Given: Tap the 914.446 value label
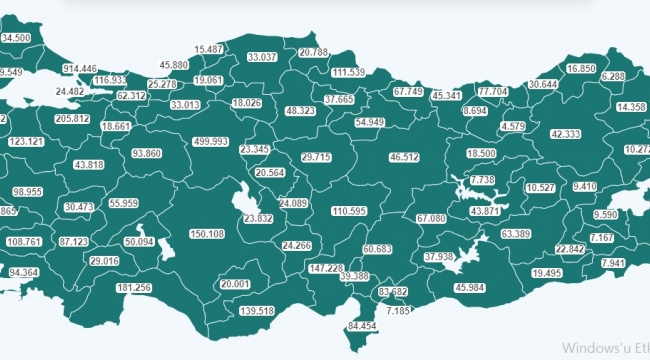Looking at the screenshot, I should pyautogui.click(x=80, y=68).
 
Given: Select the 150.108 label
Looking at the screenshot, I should pyautogui.click(x=207, y=233).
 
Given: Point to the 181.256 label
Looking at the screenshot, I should pyautogui.click(x=134, y=288).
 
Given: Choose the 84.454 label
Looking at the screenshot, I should pyautogui.click(x=362, y=326).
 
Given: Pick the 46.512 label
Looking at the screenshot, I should pyautogui.click(x=405, y=157).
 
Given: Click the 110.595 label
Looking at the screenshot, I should pyautogui.click(x=349, y=211).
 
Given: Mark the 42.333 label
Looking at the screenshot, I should pyautogui.click(x=565, y=133).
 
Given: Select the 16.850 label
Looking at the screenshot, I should pyautogui.click(x=581, y=68).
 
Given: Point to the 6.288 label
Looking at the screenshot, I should pyautogui.click(x=613, y=76).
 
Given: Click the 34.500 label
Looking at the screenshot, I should pyautogui.click(x=17, y=37).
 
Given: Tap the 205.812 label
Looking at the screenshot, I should pyautogui.click(x=73, y=119).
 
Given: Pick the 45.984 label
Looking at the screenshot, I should pyautogui.click(x=470, y=288).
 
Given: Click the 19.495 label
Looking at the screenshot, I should pyautogui.click(x=546, y=272).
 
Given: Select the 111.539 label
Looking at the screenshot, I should pyautogui.click(x=348, y=72).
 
